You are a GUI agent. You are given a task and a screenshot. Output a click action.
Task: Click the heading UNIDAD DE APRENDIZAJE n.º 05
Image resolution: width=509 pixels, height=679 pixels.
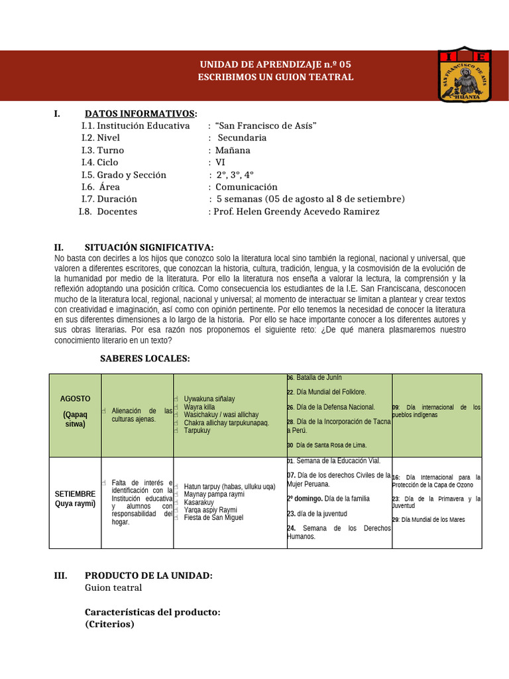(x=275, y=64)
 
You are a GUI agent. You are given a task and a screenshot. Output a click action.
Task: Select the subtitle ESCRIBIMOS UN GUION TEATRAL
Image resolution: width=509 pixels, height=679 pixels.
(x=275, y=77)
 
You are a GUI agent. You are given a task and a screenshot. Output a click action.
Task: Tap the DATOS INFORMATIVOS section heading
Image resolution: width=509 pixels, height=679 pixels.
(x=140, y=113)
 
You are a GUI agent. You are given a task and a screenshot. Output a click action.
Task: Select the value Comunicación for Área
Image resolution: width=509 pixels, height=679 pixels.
(x=247, y=187)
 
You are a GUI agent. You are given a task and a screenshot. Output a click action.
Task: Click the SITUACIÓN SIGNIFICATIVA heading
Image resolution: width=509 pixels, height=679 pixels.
(x=149, y=247)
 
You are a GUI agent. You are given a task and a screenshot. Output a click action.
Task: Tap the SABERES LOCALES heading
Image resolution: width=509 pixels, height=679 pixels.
(x=144, y=359)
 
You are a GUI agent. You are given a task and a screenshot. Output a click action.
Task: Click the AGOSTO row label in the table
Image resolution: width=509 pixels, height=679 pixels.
(x=75, y=399)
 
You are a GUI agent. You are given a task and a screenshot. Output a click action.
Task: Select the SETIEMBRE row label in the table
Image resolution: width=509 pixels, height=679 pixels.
(x=75, y=494)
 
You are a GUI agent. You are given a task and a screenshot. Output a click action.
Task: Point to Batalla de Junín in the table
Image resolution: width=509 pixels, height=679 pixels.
(x=319, y=377)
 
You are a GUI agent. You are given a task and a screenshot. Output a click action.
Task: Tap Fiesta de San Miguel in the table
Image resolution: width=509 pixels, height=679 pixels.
(x=213, y=517)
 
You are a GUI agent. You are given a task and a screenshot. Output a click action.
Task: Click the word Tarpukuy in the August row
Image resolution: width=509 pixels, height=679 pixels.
(x=197, y=430)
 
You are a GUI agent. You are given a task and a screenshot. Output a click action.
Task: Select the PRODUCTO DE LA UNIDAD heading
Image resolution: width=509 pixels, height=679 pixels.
(x=148, y=576)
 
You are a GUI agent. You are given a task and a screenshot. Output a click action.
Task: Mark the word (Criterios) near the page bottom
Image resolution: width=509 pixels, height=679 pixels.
(x=109, y=624)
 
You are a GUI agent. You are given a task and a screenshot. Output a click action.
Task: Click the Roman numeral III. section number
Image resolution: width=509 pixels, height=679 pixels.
(x=61, y=576)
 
